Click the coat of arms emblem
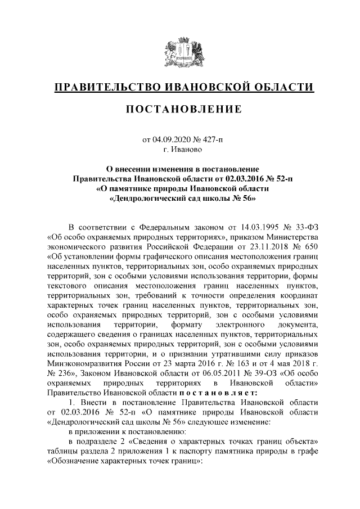179,51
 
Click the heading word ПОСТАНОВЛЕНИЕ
180,108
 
